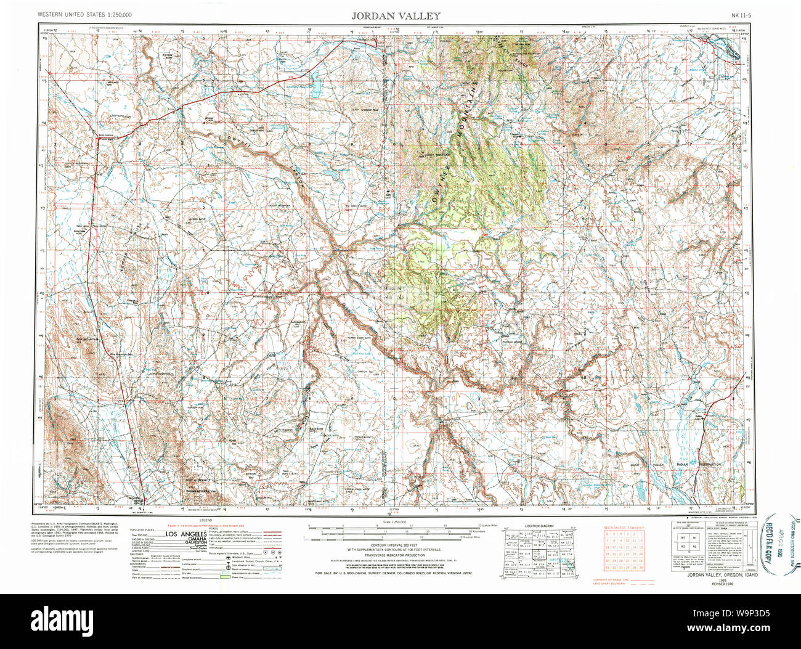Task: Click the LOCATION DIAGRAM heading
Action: [x=539, y=526]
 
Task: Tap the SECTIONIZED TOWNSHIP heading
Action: [x=624, y=528]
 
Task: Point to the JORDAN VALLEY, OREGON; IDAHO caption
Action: [x=708, y=574]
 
